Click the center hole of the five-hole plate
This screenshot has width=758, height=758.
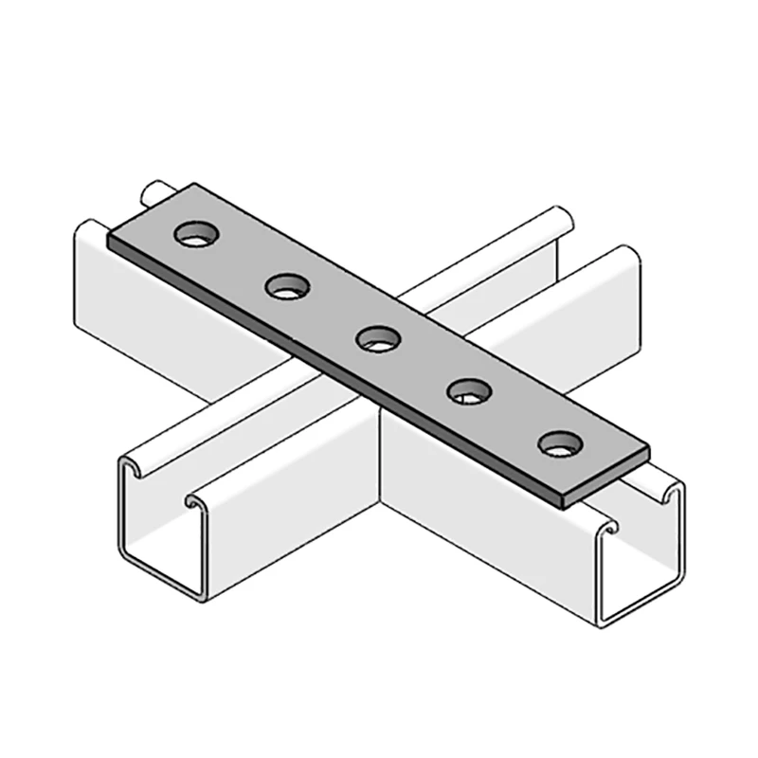point(377,336)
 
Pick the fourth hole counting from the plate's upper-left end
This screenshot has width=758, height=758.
point(467,388)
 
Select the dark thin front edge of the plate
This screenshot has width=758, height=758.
point(332,370)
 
